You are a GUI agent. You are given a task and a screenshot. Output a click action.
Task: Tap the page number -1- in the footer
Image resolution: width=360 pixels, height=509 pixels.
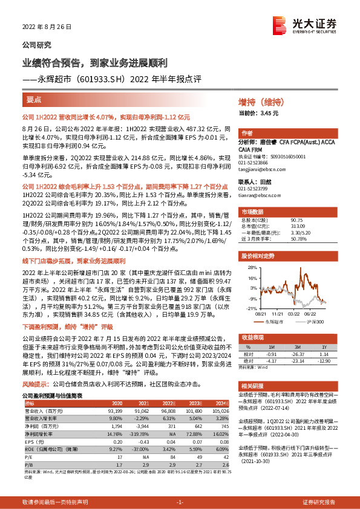(180, 502)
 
